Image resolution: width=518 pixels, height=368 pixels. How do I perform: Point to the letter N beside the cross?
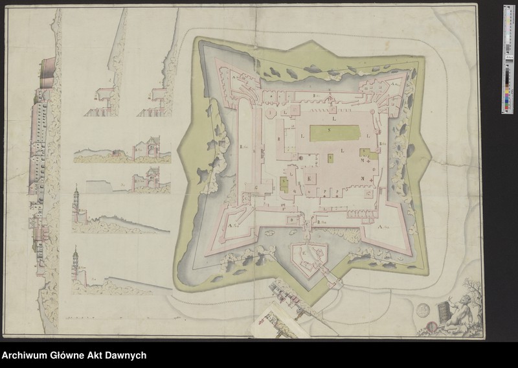click(x=363, y=178)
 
